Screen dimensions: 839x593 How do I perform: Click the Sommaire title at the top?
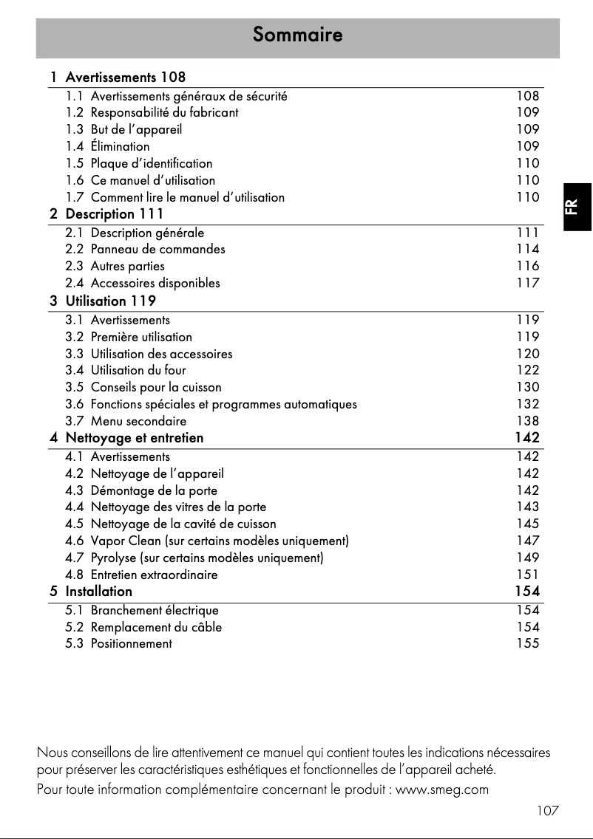point(297,35)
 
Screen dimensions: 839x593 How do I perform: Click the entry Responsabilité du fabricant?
point(164,112)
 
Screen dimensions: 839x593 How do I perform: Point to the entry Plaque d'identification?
point(151,163)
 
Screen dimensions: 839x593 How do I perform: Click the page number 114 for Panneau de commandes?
point(528,249)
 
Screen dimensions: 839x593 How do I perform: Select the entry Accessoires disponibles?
point(155,283)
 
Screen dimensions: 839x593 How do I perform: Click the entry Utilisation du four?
point(138,370)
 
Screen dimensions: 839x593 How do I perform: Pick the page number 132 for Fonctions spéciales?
point(528,404)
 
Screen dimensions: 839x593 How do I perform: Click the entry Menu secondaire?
point(138,421)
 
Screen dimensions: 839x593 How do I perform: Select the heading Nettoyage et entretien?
point(134,438)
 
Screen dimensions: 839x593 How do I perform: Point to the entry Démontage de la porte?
point(154,490)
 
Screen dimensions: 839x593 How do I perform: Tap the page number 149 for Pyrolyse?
point(528,558)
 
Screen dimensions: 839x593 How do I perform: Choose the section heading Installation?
point(98,592)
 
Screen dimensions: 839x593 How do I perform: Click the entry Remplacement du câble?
point(156,627)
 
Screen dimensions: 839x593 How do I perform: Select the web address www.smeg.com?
point(443,790)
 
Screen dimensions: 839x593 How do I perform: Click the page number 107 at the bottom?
point(548,811)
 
